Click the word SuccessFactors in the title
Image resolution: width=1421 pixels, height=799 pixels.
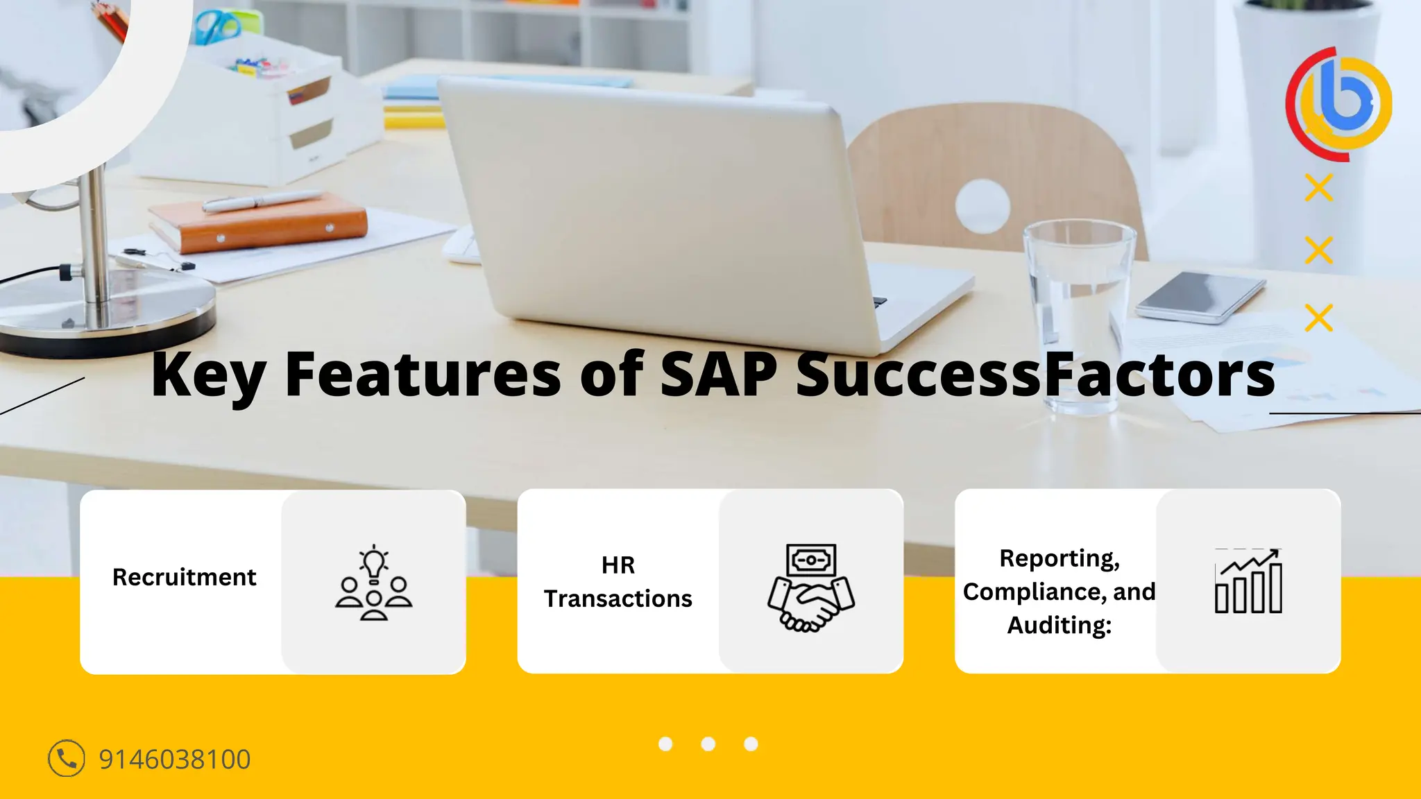(1035, 375)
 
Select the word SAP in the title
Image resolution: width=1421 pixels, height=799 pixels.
(718, 375)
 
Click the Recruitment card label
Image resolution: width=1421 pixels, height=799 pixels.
(184, 577)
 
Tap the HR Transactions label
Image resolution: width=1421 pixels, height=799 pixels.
(618, 582)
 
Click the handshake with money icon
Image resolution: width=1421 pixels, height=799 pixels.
(810, 587)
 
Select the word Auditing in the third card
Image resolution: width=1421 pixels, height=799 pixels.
(1059, 625)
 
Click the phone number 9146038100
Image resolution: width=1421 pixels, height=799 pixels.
(174, 759)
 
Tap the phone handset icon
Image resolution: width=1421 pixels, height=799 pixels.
(67, 758)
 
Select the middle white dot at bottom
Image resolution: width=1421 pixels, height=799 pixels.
(708, 744)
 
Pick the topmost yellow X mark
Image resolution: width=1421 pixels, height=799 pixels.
(1318, 188)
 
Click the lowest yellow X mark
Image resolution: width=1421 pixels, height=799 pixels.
(1318, 318)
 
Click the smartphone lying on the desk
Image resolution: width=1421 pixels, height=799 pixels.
(1200, 296)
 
